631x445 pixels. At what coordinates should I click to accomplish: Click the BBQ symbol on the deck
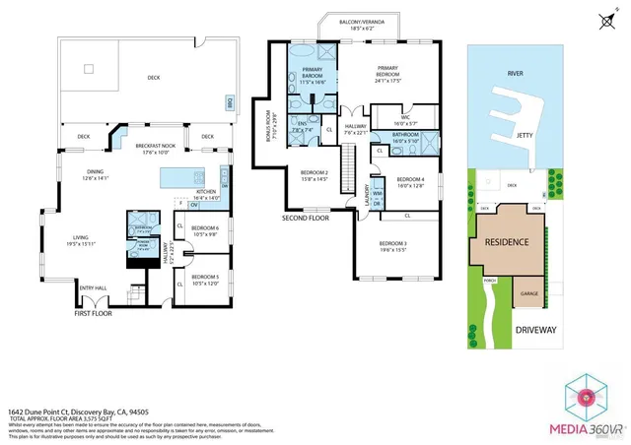pos(230,101)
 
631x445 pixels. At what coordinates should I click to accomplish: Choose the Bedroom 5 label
pos(205,280)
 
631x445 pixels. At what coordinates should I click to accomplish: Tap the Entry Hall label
pos(93,288)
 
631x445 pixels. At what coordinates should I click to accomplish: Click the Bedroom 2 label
pos(314,175)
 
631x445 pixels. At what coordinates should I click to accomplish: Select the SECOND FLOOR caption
pos(304,218)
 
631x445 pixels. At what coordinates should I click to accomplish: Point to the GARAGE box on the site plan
pos(528,292)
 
